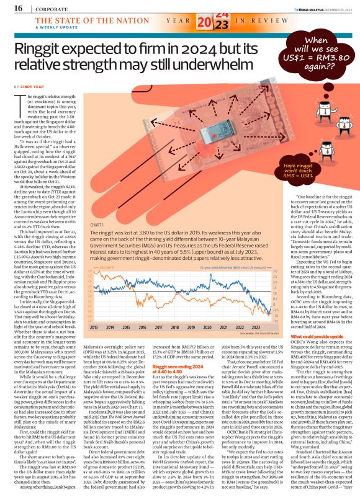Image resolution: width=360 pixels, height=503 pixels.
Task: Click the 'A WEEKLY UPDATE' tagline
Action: coord(45,29)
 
